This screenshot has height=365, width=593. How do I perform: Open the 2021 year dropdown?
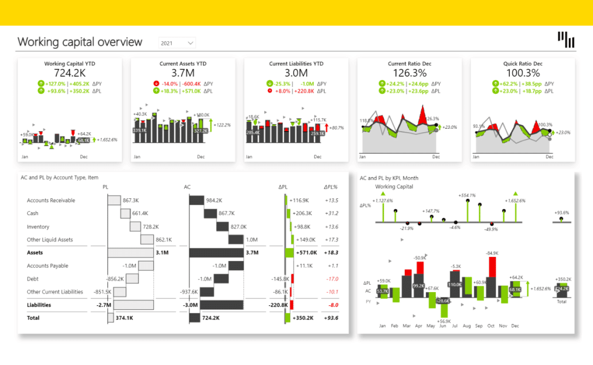click(177, 43)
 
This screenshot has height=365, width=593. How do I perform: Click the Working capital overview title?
click(79, 42)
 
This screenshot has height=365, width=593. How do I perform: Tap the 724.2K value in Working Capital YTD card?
click(70, 73)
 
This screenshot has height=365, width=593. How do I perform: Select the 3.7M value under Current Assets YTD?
click(183, 73)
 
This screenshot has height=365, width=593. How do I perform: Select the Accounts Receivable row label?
click(51, 201)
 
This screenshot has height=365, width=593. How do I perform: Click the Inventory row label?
click(38, 226)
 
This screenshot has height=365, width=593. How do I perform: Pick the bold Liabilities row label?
click(39, 305)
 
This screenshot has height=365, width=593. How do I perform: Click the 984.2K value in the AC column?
click(214, 200)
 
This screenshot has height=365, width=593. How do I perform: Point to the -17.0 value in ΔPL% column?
click(332, 279)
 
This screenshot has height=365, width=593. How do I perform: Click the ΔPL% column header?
click(330, 187)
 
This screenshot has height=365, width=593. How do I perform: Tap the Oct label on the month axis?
click(491, 325)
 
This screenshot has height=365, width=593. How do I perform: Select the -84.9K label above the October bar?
click(492, 253)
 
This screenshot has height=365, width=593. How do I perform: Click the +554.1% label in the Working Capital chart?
click(467, 195)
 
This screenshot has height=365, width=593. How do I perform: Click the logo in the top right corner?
click(566, 40)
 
